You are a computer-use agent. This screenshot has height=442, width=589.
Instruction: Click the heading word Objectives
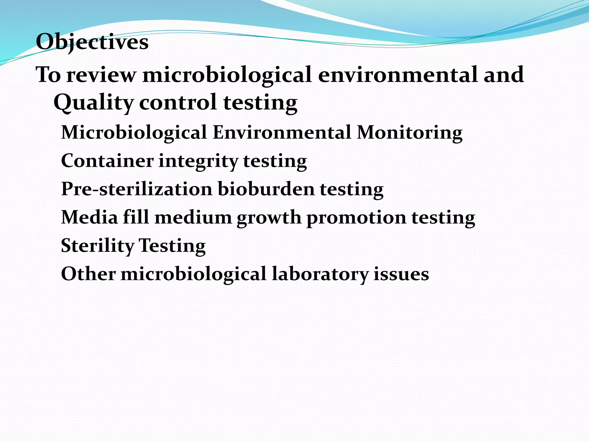tap(92, 42)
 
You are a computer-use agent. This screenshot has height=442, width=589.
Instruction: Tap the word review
tap(101, 75)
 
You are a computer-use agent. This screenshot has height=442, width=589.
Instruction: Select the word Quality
tap(94, 103)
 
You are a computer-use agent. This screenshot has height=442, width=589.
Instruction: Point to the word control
tap(178, 102)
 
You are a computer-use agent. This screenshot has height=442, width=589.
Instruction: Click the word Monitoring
tap(410, 133)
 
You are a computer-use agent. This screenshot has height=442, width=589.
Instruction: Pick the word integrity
tap(198, 161)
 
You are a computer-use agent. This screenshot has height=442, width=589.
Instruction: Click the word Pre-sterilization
tap(137, 189)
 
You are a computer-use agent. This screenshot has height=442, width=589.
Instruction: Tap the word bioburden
tap(266, 189)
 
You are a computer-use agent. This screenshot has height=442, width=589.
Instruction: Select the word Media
tap(89, 217)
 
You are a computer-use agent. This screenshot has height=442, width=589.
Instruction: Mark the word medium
tap(193, 217)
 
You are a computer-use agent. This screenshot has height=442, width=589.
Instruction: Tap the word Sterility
tap(97, 246)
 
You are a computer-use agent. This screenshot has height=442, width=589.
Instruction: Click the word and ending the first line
tap(504, 75)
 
